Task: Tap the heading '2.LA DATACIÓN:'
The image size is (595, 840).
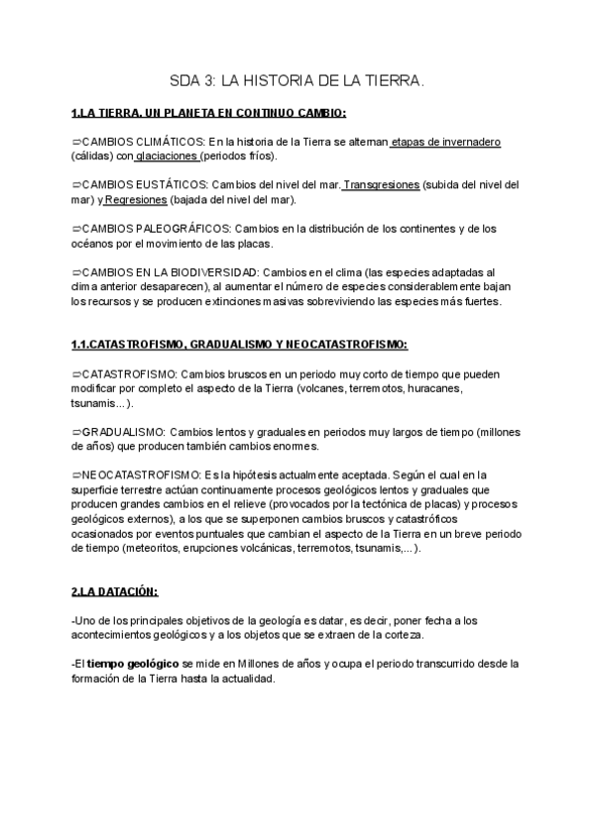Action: coord(114,591)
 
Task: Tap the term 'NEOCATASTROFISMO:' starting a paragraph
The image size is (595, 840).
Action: coord(142,475)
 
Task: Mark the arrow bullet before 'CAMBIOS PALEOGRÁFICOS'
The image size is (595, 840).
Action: coord(75,228)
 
